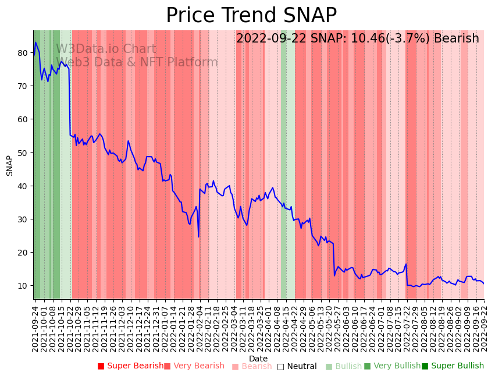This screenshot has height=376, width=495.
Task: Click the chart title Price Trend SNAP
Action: (251, 15)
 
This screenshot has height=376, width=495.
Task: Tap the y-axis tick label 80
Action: (23, 52)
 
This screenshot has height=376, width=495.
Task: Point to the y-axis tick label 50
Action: (23, 152)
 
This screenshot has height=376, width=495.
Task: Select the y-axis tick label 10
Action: (23, 286)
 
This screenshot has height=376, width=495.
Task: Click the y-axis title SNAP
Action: (9, 165)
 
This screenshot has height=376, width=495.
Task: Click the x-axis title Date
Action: (258, 359)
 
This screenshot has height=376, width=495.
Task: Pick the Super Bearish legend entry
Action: (130, 366)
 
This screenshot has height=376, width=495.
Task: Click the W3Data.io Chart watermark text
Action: (106, 49)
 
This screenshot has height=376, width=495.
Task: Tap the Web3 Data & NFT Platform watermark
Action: (137, 63)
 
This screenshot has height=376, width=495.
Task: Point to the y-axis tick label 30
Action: (23, 219)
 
